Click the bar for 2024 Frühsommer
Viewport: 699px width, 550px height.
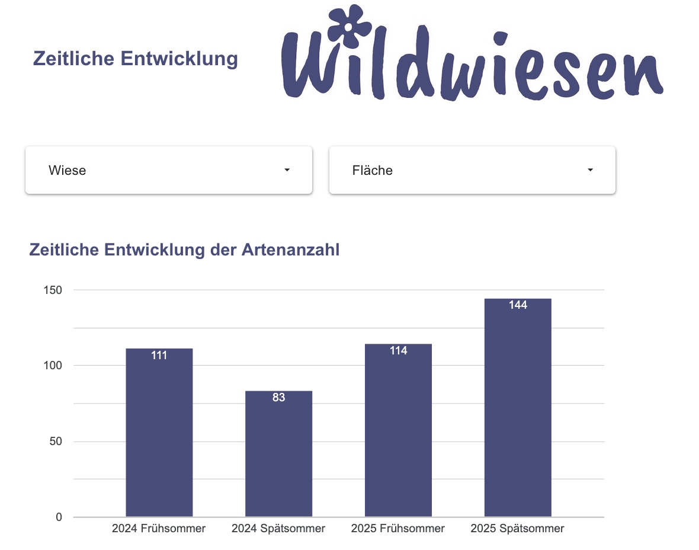click(159, 433)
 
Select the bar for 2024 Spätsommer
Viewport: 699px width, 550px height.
click(278, 454)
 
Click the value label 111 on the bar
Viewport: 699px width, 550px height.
click(159, 356)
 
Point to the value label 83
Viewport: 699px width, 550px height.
click(278, 398)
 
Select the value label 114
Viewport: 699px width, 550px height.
click(398, 351)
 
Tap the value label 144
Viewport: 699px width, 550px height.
click(518, 306)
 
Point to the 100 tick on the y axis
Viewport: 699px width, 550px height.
click(52, 366)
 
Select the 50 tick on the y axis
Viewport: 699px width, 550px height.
click(54, 442)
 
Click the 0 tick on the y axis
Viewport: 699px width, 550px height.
click(58, 517)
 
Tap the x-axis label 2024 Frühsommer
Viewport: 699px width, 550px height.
click(159, 529)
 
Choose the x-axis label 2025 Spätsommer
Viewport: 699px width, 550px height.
click(518, 529)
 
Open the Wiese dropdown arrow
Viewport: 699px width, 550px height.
click(287, 170)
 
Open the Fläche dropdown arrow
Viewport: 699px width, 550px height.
click(590, 170)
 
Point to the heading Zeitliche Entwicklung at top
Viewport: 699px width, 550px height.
click(136, 59)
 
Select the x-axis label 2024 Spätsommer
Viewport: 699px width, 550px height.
click(278, 529)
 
